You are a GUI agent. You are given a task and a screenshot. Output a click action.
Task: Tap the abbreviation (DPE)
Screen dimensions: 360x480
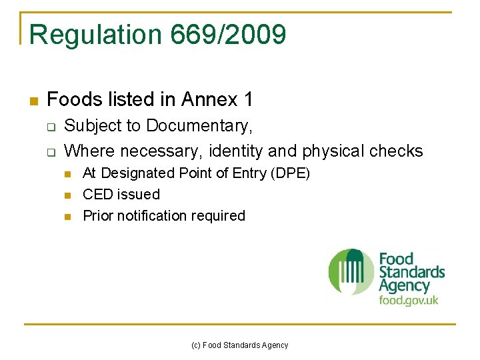point(291,173)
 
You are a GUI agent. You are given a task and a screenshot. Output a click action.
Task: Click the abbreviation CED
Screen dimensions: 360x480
point(97,195)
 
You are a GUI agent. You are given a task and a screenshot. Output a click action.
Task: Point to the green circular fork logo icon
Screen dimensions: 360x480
point(351,272)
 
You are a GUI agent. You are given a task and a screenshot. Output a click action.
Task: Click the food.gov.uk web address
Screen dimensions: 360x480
point(409,299)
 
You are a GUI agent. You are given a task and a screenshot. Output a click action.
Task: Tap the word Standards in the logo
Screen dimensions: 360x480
point(411,272)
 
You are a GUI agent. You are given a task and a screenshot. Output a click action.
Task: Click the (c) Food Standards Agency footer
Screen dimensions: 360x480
point(240,345)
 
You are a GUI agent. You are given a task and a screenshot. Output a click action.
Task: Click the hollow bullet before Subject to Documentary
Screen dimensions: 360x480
point(50,127)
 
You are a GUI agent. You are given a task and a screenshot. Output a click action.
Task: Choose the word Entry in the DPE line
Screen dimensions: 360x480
point(249,173)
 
